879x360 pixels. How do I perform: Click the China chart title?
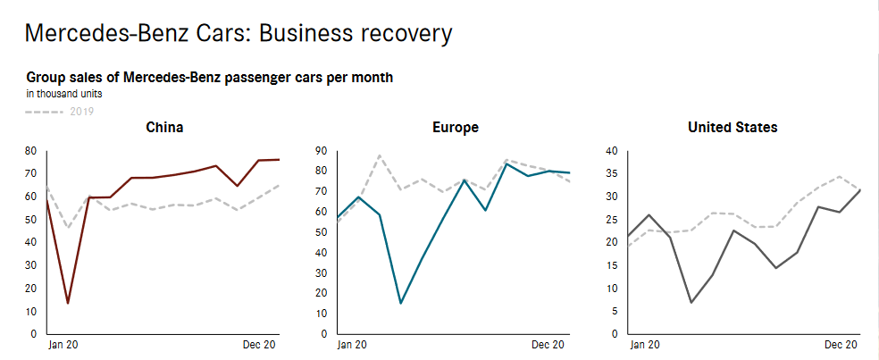[x=164, y=128]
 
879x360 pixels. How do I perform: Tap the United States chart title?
[x=732, y=128]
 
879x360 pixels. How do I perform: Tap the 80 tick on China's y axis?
[x=30, y=151]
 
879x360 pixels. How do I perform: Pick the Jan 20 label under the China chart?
[x=62, y=344]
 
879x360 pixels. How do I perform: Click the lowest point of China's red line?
[x=68, y=303]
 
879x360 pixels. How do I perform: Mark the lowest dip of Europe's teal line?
[x=400, y=303]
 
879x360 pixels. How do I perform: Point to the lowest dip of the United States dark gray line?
[x=691, y=302]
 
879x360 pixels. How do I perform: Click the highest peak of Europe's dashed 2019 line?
[x=380, y=155]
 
